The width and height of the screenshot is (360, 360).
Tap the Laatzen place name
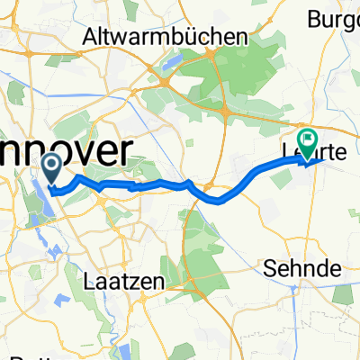126,281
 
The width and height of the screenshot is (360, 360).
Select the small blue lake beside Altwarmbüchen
177,62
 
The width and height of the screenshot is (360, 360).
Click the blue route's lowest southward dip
217,201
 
